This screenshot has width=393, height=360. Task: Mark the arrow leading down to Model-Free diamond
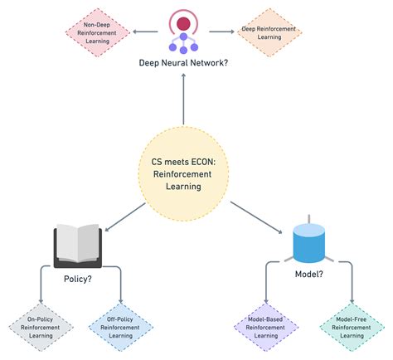point(352,286)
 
